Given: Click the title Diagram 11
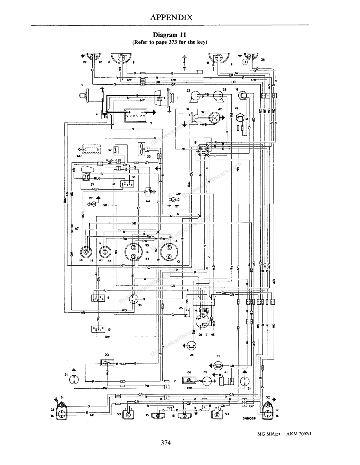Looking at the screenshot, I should [x=170, y=35].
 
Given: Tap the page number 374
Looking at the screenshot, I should [x=166, y=443].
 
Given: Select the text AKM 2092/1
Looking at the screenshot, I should [x=295, y=434].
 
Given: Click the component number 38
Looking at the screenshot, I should [x=139, y=305].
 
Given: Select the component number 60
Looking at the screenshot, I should [x=79, y=156].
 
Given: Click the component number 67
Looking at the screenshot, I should [x=77, y=229].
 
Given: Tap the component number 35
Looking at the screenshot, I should [x=218, y=356].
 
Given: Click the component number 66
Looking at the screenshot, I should [x=189, y=372].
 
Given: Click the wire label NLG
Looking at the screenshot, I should [x=95, y=189].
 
